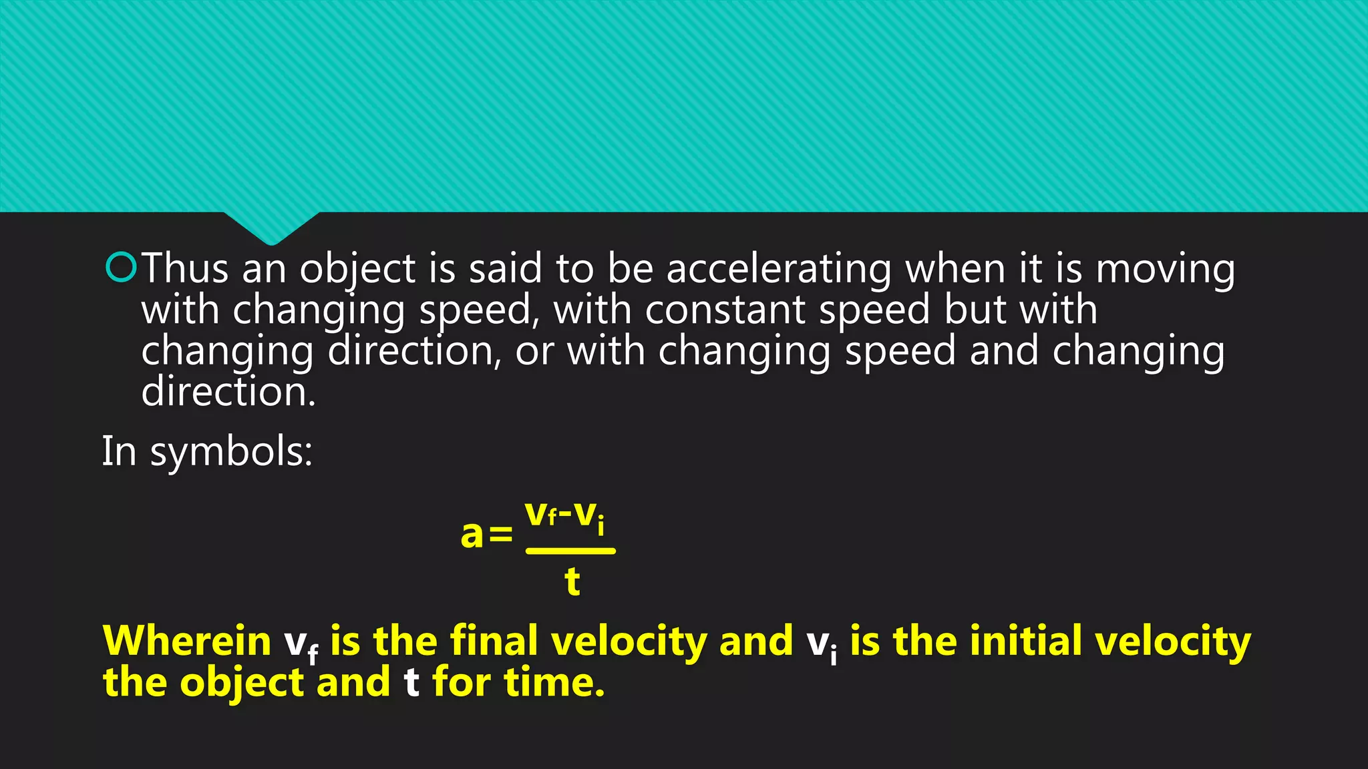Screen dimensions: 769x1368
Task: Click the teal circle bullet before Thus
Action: tap(121, 268)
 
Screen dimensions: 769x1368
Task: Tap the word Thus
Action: tap(185, 268)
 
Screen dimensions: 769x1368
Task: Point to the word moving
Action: tap(1165, 270)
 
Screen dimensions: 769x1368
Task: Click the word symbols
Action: tap(231, 453)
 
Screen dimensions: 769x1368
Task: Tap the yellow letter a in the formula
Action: tap(472, 534)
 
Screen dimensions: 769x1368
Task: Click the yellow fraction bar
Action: tap(570, 551)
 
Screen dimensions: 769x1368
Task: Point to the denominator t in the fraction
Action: tap(572, 581)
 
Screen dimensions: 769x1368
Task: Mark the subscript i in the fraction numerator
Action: tap(601, 526)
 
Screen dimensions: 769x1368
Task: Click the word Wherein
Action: tap(186, 641)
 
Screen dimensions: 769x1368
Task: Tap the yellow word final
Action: tap(494, 641)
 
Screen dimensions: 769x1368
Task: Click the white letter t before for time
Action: tap(411, 682)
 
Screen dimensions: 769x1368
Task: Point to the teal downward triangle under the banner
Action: tap(271, 227)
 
